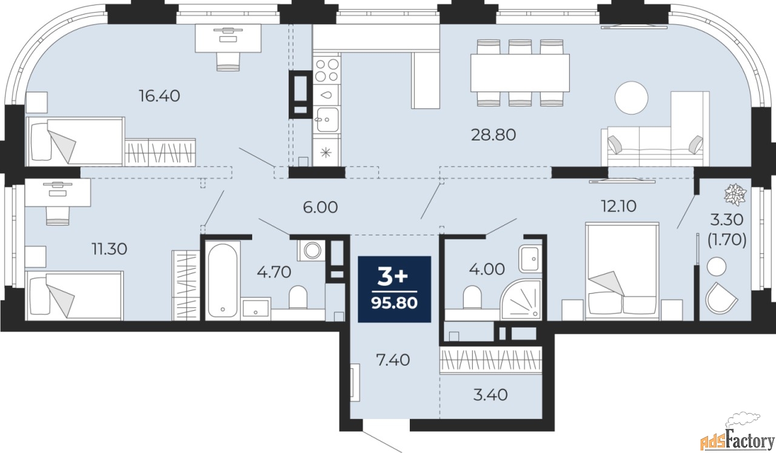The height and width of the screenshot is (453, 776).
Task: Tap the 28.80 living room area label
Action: coord(493,134)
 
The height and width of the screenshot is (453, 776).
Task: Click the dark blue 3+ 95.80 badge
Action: coord(395,289)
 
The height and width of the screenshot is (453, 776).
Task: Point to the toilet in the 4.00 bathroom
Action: coord(472,297)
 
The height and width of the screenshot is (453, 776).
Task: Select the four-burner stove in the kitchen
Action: coord(326,69)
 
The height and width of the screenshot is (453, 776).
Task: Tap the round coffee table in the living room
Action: coord(631,97)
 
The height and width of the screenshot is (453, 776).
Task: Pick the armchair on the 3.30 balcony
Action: coord(722,297)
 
